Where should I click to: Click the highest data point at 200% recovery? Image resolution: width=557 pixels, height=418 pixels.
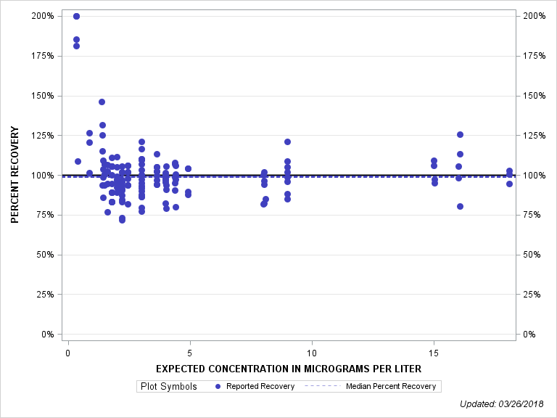pos(76,16)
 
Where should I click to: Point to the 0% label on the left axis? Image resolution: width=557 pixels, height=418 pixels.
pos(47,335)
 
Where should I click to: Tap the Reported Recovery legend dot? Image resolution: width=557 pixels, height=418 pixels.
pos(218,386)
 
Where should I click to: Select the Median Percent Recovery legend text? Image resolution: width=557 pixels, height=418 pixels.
pos(391,386)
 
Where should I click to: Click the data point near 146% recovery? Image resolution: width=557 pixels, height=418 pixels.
pos(102,102)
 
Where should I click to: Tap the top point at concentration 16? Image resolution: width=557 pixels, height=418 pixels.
pos(460,134)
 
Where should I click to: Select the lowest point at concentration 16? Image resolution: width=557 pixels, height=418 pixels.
pos(460,206)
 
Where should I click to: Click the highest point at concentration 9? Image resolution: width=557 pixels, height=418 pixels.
pos(287,142)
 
